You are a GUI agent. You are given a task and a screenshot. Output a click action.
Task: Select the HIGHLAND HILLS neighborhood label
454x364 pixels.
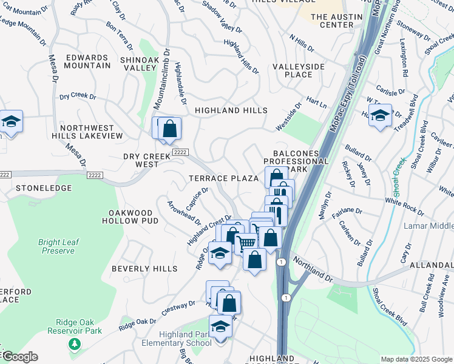[x=231, y=110]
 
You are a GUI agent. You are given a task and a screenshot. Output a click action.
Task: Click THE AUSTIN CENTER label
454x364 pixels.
[x=332, y=21]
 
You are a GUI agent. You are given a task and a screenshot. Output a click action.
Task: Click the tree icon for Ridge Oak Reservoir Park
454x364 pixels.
[x=74, y=345]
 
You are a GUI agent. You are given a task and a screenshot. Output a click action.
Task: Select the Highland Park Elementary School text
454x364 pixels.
[x=186, y=339]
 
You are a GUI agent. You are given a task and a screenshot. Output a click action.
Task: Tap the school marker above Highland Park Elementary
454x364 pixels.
[x=220, y=326]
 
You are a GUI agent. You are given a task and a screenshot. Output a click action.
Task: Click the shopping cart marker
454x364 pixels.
[x=246, y=243]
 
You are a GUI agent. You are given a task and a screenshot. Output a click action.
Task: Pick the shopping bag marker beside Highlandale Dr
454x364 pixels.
[x=170, y=128]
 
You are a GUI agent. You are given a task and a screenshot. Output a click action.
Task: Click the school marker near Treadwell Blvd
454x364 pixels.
[x=380, y=115]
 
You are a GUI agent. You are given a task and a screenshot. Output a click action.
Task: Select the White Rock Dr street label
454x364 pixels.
[x=404, y=205]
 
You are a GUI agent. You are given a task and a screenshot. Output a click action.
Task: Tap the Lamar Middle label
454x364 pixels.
[x=429, y=226]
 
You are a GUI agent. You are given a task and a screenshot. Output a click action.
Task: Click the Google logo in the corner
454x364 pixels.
[x=19, y=356]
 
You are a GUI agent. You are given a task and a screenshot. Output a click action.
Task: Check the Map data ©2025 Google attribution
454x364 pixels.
[x=416, y=359]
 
